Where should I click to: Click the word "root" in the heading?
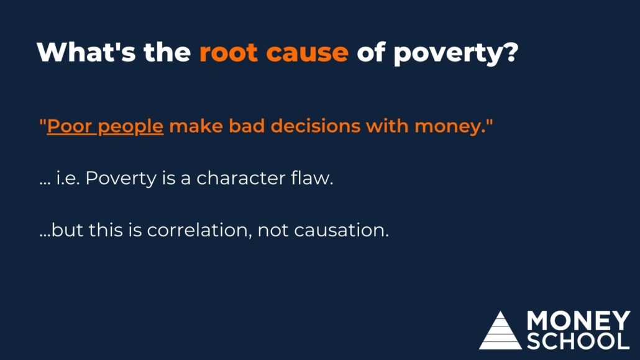[x=229, y=52]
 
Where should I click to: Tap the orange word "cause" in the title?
[x=308, y=53]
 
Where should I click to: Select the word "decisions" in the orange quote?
[x=316, y=126]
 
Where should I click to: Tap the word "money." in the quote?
[x=450, y=127]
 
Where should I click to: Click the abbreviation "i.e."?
[x=68, y=178]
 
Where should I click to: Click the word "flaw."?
[x=313, y=178]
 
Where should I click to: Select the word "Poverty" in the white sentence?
[x=121, y=179]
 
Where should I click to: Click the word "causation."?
[x=341, y=231]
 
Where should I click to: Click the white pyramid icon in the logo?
[x=500, y=331]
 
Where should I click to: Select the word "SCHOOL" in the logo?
[x=578, y=341]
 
